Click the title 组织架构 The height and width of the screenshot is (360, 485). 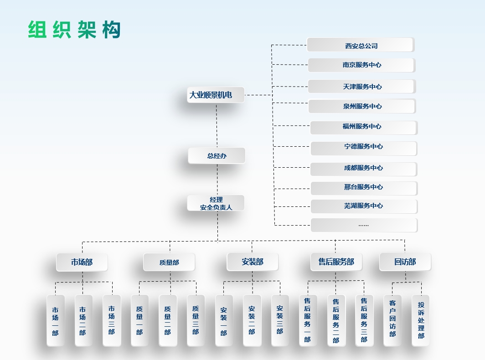(74, 30)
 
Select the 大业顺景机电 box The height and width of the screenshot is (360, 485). (216, 95)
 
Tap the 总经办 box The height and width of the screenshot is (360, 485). (217, 156)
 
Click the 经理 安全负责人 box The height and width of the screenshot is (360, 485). (216, 203)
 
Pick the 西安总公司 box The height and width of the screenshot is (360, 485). (361, 45)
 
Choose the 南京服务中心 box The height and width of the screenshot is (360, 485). (361, 65)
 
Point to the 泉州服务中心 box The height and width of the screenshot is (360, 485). (362, 106)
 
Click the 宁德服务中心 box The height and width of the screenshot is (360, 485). (363, 147)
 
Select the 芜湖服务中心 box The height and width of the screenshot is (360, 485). (364, 206)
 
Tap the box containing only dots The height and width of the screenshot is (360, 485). (364, 225)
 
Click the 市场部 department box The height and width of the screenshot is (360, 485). (82, 262)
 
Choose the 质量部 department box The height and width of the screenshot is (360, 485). (169, 262)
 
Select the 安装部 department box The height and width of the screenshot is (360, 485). (253, 262)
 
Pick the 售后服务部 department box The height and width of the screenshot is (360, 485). (336, 262)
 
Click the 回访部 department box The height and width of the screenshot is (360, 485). (405, 262)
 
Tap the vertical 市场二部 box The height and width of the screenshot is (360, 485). (83, 320)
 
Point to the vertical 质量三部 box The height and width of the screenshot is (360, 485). (196, 320)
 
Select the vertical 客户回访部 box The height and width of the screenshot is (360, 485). (392, 320)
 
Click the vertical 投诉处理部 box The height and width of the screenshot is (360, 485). (421, 320)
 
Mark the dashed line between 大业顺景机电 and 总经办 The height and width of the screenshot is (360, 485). (217, 125)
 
